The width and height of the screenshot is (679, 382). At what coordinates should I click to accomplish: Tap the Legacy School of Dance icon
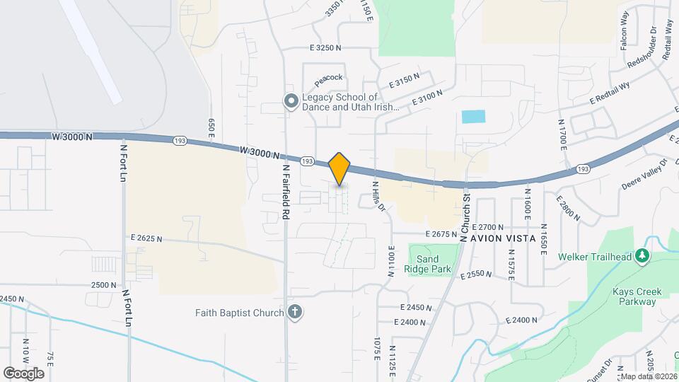290,102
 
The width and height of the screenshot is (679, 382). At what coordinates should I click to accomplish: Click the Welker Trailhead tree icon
642,256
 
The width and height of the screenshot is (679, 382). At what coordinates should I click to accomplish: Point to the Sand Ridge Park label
428,264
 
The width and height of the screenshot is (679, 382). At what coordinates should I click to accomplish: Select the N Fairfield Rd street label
286,191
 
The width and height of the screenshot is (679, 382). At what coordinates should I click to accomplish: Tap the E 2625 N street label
146,239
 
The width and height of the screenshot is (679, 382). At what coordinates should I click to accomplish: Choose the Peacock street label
329,77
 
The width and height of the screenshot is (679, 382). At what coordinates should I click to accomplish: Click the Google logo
23,373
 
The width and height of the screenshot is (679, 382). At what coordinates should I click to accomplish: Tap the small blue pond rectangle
474,117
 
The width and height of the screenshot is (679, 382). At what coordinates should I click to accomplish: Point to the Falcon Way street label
625,32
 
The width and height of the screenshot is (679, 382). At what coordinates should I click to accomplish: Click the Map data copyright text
647,376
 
